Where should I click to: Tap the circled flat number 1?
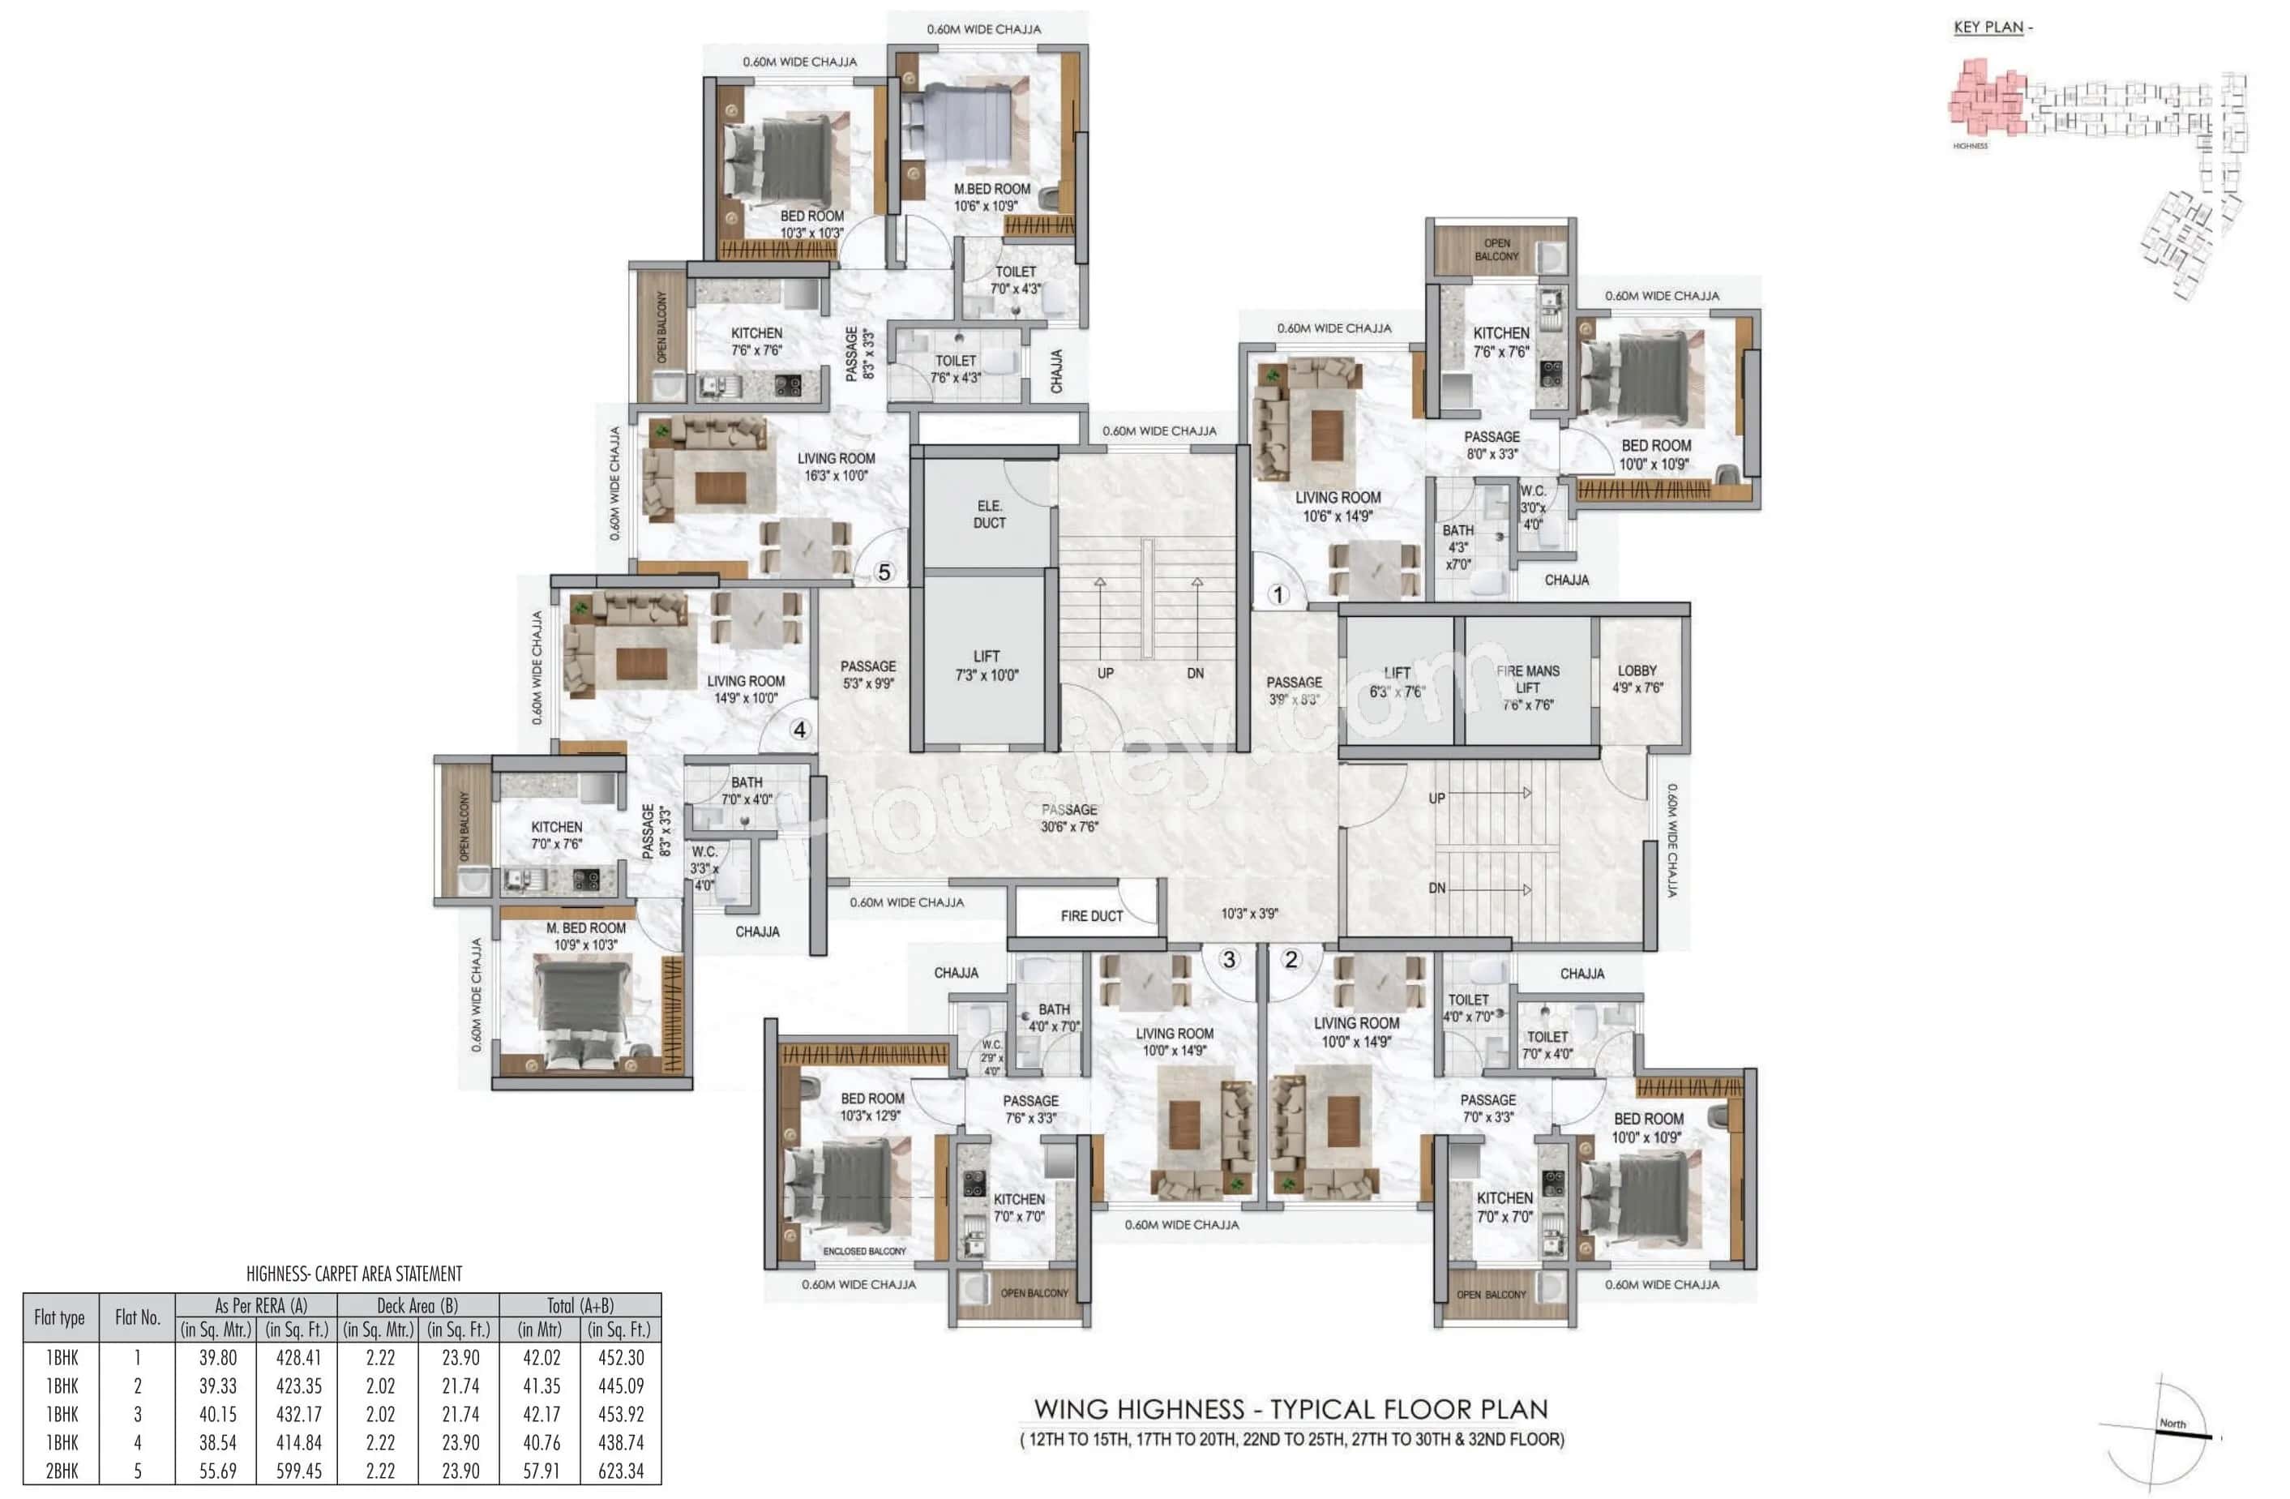pyautogui.click(x=1278, y=594)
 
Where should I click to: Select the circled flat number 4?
pyautogui.click(x=799, y=730)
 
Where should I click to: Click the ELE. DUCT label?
pyautogui.click(x=989, y=514)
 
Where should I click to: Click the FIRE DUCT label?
pyautogui.click(x=1091, y=916)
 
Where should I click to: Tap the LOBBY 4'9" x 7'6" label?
pyautogui.click(x=1637, y=679)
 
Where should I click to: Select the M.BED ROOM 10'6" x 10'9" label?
pyautogui.click(x=991, y=197)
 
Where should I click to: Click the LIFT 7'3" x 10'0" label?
pyautogui.click(x=987, y=666)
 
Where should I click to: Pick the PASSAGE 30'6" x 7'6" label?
pyautogui.click(x=1069, y=818)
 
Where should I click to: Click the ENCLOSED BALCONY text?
pyautogui.click(x=864, y=1251)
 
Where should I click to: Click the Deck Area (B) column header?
pyautogui.click(x=417, y=1305)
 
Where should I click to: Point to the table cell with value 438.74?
pyautogui.click(x=621, y=1442)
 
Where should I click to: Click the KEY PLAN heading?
pyautogui.click(x=1988, y=27)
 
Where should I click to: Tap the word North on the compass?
pyautogui.click(x=2172, y=1423)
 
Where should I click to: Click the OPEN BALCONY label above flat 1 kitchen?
pyautogui.click(x=1496, y=251)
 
